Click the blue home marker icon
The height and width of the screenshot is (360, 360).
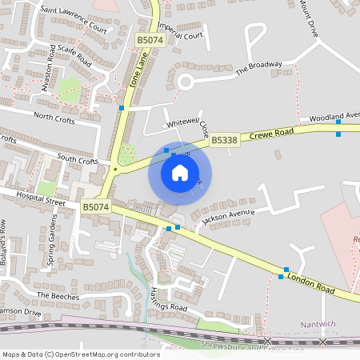(x=180, y=173)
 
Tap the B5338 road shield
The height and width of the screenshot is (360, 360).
(x=225, y=140)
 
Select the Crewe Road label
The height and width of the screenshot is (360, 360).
(x=273, y=133)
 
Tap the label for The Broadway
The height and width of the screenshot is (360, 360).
(x=258, y=69)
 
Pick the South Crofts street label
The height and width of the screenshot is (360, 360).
(x=77, y=159)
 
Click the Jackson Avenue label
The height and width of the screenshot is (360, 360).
(x=228, y=214)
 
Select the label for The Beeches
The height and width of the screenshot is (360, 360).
(x=60, y=296)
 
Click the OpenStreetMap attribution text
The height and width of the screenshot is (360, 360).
(x=81, y=354)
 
